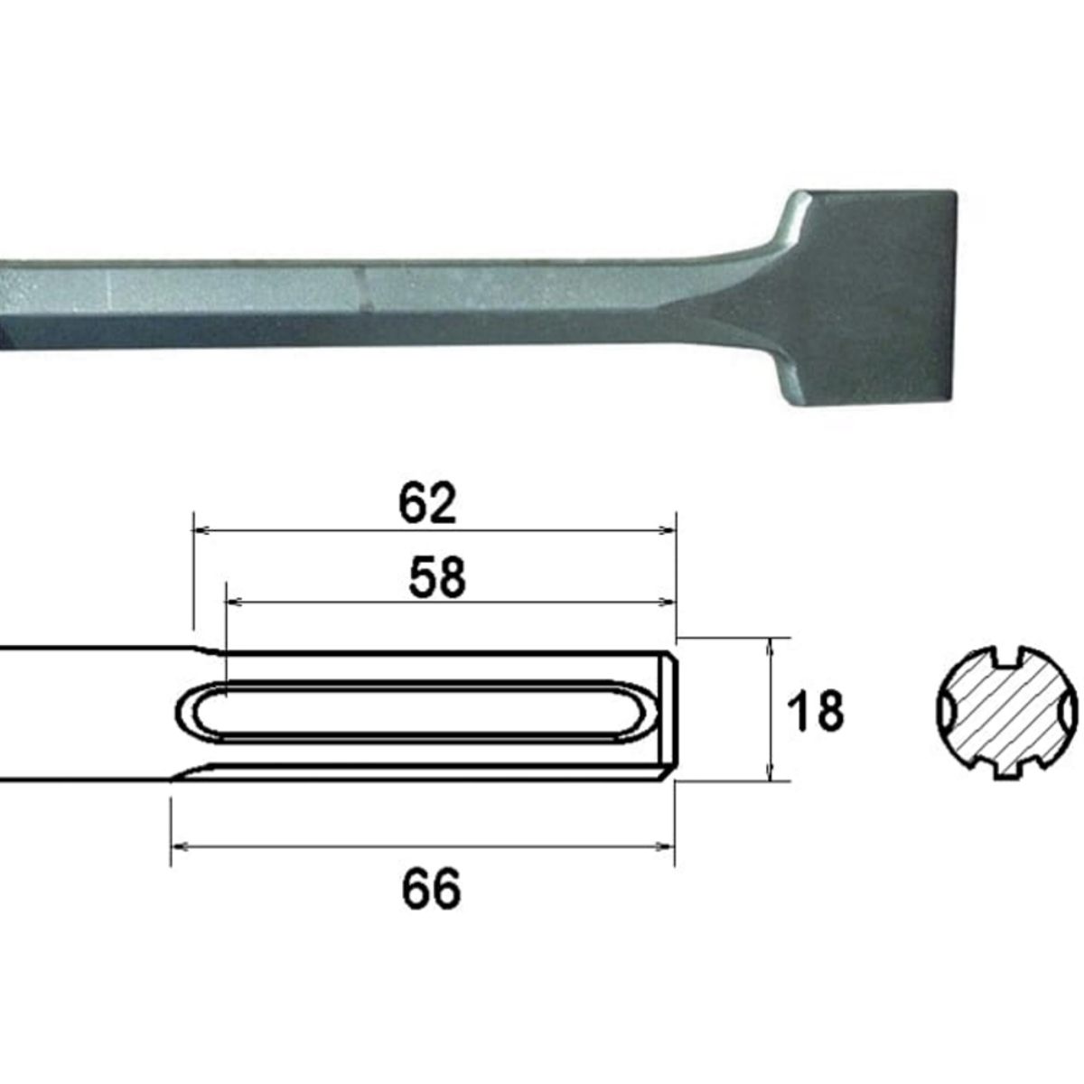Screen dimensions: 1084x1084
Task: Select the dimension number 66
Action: (x=431, y=889)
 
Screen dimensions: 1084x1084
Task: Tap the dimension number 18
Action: (x=816, y=711)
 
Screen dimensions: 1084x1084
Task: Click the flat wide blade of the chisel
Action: (x=867, y=298)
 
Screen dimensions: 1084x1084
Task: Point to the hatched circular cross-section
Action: (x=1005, y=713)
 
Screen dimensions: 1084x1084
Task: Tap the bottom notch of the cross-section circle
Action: (x=1005, y=771)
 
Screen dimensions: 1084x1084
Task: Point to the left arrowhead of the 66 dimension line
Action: (x=179, y=846)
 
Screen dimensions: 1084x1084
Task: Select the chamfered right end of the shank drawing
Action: (x=668, y=714)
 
